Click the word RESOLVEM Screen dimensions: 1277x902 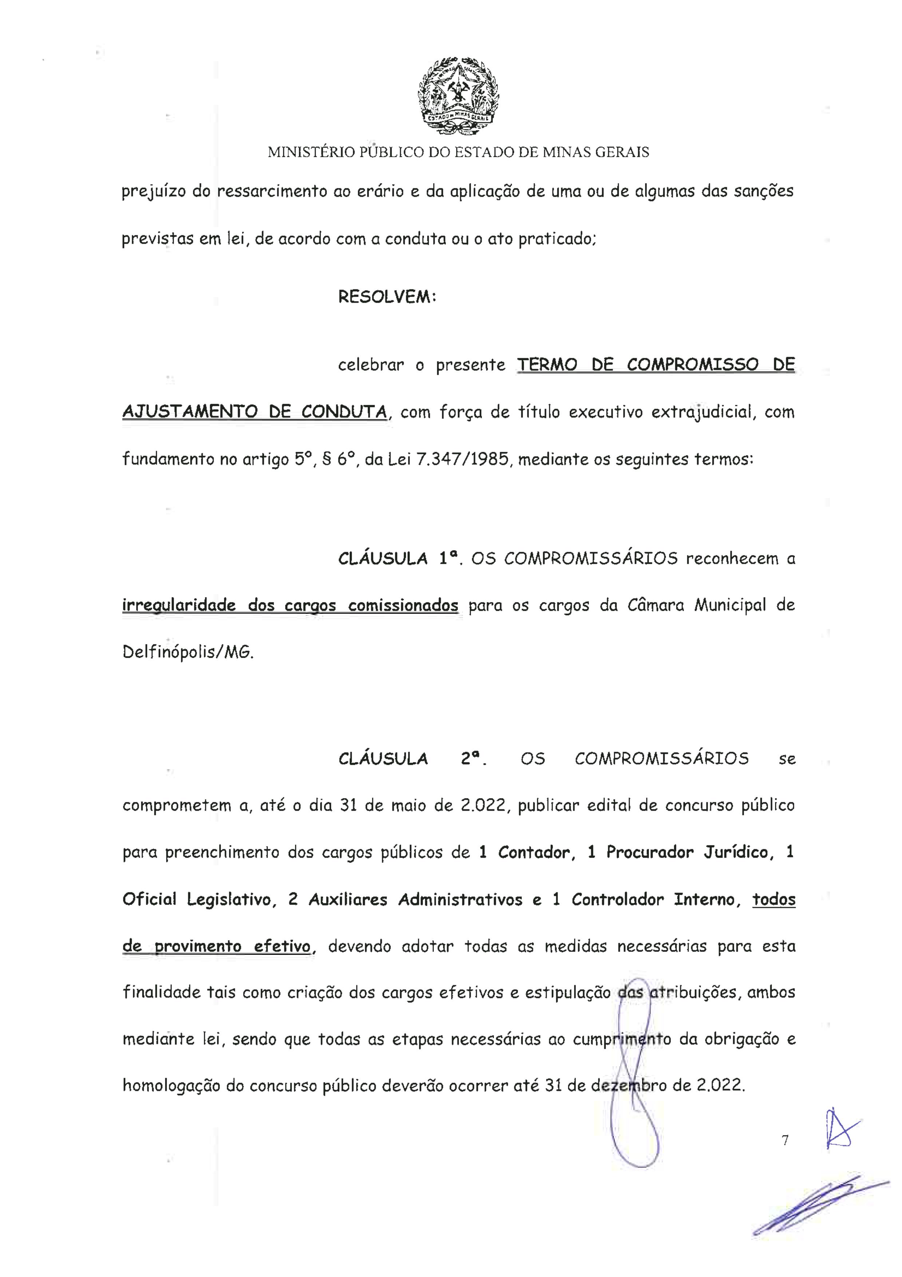tap(387, 297)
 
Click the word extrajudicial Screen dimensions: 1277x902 tap(704, 412)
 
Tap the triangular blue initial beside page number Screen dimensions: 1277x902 tap(840, 1128)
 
